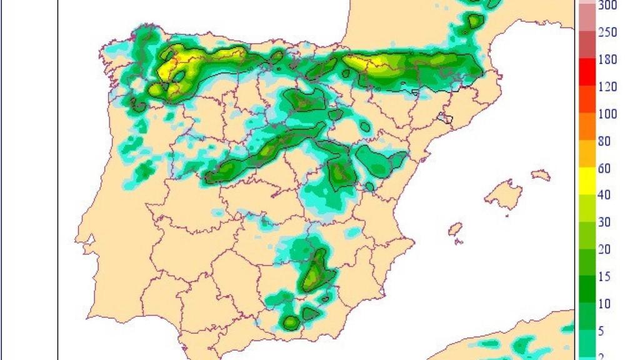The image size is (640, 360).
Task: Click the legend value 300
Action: (x=608, y=6)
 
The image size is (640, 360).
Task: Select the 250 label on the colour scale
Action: (x=608, y=32)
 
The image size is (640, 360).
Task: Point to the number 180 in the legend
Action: (x=608, y=60)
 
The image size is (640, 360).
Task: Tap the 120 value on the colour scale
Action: (x=608, y=87)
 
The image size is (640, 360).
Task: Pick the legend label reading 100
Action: (x=608, y=114)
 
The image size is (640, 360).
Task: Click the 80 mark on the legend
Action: (x=604, y=141)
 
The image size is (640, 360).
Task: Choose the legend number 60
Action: (x=604, y=169)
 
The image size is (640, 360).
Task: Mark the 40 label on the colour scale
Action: (x=604, y=196)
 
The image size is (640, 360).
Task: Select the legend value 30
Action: (x=604, y=222)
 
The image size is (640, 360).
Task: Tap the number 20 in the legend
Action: (x=604, y=250)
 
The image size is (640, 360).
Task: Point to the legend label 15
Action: (x=604, y=277)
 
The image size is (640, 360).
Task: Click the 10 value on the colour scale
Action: (x=604, y=304)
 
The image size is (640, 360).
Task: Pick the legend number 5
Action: (x=601, y=331)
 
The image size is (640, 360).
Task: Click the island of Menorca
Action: (x=541, y=175)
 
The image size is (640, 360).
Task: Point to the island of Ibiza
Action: (x=456, y=230)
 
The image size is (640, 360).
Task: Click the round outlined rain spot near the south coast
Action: (x=291, y=322)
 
